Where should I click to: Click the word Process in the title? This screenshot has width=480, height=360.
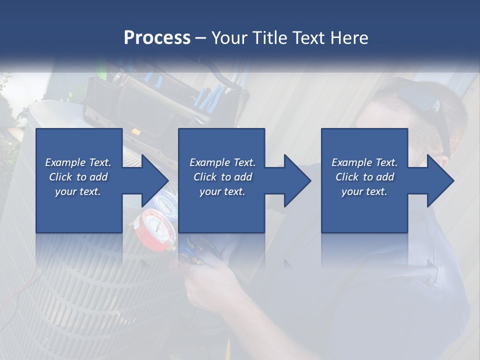[x=157, y=38]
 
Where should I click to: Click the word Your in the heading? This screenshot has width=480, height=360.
[x=230, y=38]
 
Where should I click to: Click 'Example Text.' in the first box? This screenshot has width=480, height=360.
[x=78, y=162]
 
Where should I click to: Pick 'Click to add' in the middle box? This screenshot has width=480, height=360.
[x=222, y=177]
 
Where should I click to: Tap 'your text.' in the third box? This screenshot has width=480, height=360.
[x=364, y=191]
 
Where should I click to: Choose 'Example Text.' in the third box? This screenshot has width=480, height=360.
[x=364, y=162]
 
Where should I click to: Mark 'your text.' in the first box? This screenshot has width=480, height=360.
[x=78, y=191]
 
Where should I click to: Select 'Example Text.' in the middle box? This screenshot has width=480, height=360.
[x=222, y=162]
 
